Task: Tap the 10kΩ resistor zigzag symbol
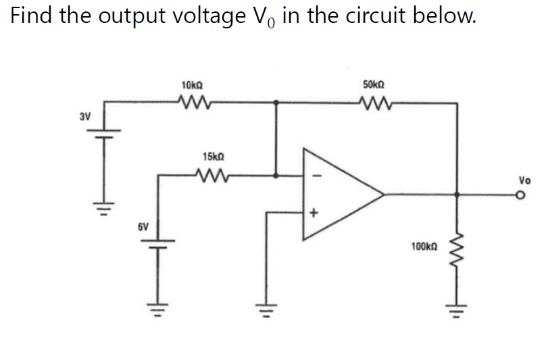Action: [193, 103]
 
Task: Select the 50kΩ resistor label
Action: [374, 86]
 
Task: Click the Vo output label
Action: [524, 181]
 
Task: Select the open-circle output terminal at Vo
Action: [520, 195]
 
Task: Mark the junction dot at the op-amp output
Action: [459, 195]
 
